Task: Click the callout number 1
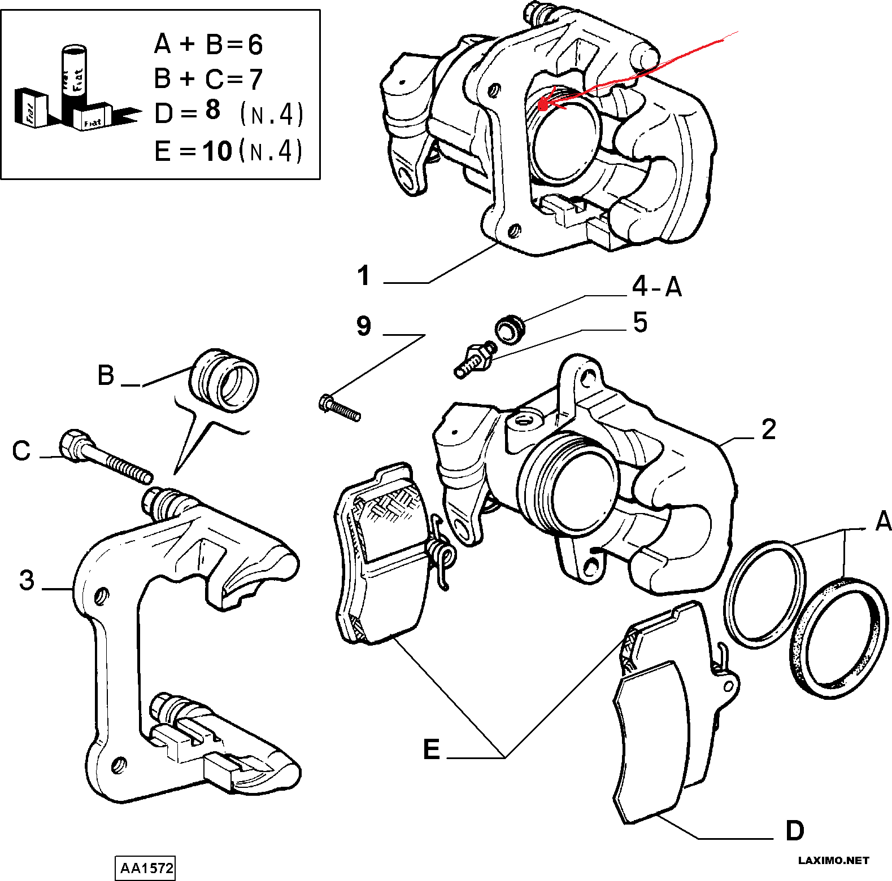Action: point(363,276)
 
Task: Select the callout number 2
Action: point(768,429)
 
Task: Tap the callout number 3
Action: point(27,580)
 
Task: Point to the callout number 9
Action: point(364,326)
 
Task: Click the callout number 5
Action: point(640,322)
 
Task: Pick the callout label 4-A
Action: point(656,287)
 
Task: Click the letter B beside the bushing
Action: point(106,375)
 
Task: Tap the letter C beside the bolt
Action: point(21,451)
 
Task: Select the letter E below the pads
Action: point(432,750)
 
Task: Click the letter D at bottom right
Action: point(794,831)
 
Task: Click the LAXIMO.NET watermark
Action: point(833,861)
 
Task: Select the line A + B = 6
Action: point(208,44)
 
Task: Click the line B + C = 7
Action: point(208,78)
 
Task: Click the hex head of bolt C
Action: point(73,445)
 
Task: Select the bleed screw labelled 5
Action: point(474,360)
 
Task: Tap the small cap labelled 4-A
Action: point(510,329)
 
